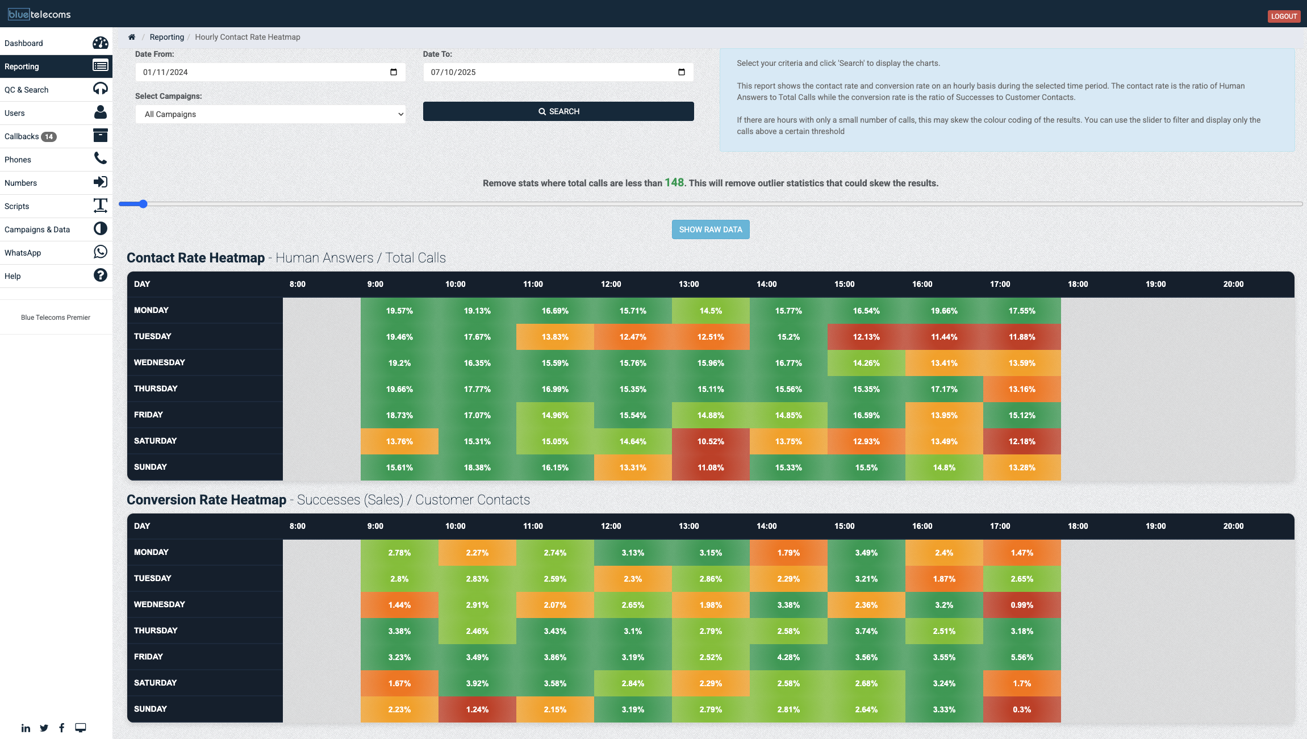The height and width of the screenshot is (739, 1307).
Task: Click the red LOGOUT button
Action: click(x=1283, y=16)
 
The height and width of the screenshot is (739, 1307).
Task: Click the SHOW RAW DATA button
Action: click(x=710, y=229)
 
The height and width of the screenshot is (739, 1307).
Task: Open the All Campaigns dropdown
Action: click(x=270, y=114)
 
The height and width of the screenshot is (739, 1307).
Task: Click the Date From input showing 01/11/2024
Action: click(x=261, y=72)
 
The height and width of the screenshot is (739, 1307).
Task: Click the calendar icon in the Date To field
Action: click(x=681, y=72)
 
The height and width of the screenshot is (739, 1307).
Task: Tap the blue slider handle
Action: click(x=143, y=204)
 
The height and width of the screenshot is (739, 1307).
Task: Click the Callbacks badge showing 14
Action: click(x=49, y=136)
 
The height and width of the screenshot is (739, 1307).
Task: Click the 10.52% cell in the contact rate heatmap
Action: click(x=710, y=441)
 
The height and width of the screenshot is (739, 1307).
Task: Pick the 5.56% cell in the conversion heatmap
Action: click(x=1021, y=657)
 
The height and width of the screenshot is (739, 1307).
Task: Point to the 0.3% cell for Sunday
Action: click(x=1021, y=709)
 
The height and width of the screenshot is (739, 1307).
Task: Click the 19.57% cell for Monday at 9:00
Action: click(x=399, y=311)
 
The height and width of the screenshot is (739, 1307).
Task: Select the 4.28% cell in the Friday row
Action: click(x=788, y=657)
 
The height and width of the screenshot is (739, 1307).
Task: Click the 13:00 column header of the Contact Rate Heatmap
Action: click(x=688, y=284)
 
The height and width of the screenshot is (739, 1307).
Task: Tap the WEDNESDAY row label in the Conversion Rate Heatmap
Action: click(x=160, y=604)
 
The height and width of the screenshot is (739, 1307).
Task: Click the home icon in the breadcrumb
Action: click(x=132, y=37)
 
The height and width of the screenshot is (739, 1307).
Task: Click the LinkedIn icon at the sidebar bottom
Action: click(x=26, y=728)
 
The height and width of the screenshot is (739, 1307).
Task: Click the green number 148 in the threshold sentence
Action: click(x=674, y=182)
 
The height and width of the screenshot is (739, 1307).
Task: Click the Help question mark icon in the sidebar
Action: click(x=100, y=275)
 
